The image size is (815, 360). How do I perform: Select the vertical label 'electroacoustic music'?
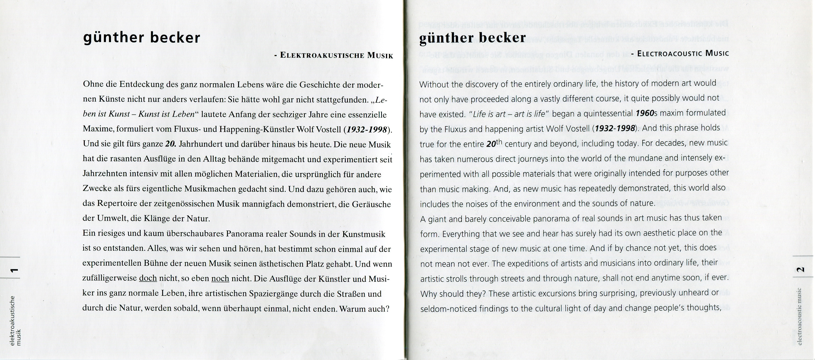tap(800, 316)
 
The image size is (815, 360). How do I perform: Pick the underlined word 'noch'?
tap(220, 278)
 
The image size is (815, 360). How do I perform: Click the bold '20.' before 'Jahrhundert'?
tap(171, 144)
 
